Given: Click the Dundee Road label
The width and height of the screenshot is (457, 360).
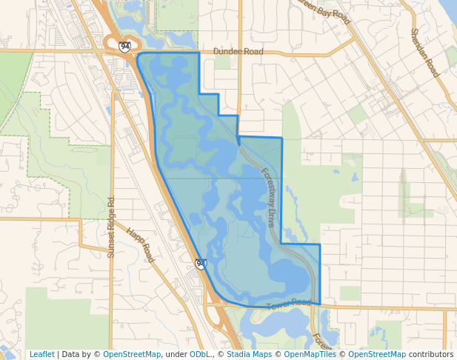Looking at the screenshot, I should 238,52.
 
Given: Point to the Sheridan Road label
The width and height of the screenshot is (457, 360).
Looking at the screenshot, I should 424,53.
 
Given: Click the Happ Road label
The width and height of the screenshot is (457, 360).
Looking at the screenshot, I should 139,245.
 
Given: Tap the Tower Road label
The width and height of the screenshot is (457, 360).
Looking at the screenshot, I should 290,302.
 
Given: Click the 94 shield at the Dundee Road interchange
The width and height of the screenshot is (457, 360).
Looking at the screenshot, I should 124,47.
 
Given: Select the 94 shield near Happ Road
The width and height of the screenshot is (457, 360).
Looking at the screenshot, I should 201,264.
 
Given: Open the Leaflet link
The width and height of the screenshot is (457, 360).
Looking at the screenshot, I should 41,354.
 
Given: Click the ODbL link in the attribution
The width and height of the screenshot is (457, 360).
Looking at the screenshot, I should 200,354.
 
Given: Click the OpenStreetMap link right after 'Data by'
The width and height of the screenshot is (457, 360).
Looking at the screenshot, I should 132,354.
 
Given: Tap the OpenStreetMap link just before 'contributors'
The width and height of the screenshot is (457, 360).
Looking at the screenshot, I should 377,354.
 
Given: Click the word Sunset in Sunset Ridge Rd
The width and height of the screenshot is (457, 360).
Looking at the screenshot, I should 111,244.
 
